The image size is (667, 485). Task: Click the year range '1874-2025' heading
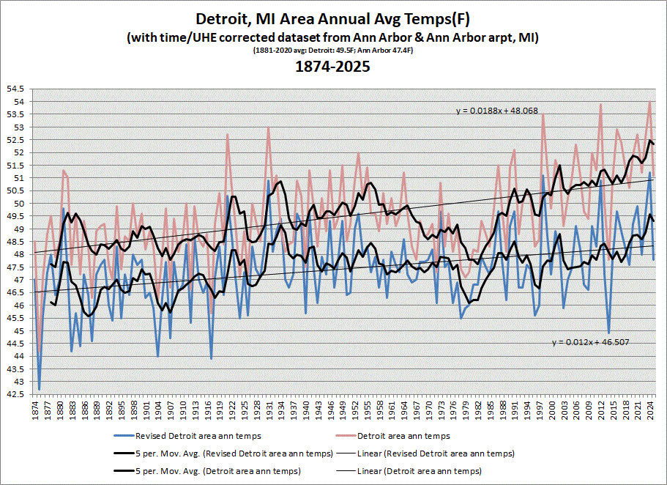(332, 66)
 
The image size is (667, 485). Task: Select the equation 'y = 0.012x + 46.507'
(589, 341)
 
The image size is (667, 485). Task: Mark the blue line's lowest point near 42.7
(39, 388)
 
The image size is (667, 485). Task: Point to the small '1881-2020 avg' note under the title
(332, 51)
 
